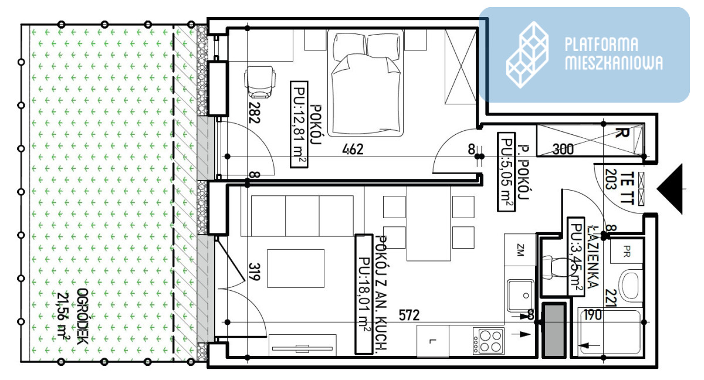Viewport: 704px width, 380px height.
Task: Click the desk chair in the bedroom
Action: pyautogui.click(x=260, y=82)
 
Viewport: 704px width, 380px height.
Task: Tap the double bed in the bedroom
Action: pyautogui.click(x=365, y=83)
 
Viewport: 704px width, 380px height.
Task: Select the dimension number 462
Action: pyautogui.click(x=353, y=149)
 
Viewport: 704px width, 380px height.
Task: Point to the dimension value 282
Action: pyautogui.click(x=254, y=113)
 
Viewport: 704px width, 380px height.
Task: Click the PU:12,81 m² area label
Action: pyautogui.click(x=299, y=124)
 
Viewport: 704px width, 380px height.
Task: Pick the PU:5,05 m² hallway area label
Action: pyautogui.click(x=506, y=171)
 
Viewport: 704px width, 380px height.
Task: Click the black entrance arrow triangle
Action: pyautogui.click(x=670, y=189)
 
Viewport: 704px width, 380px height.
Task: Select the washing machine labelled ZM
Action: pyautogui.click(x=520, y=250)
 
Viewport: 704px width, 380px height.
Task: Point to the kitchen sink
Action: pyautogui.click(x=520, y=296)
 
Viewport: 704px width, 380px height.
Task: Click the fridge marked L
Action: pyautogui.click(x=433, y=341)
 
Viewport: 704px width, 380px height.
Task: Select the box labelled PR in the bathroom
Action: pyautogui.click(x=627, y=251)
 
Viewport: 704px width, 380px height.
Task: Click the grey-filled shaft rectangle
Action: pyautogui.click(x=554, y=330)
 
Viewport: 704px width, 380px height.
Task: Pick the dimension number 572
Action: pyautogui.click(x=409, y=315)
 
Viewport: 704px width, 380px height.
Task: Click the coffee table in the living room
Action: pyautogui.click(x=296, y=268)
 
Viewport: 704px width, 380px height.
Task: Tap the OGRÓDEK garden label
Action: pyautogui.click(x=83, y=316)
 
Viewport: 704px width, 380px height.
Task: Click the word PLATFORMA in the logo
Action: pyautogui.click(x=601, y=45)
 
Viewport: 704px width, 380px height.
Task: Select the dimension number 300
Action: pyautogui.click(x=563, y=149)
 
